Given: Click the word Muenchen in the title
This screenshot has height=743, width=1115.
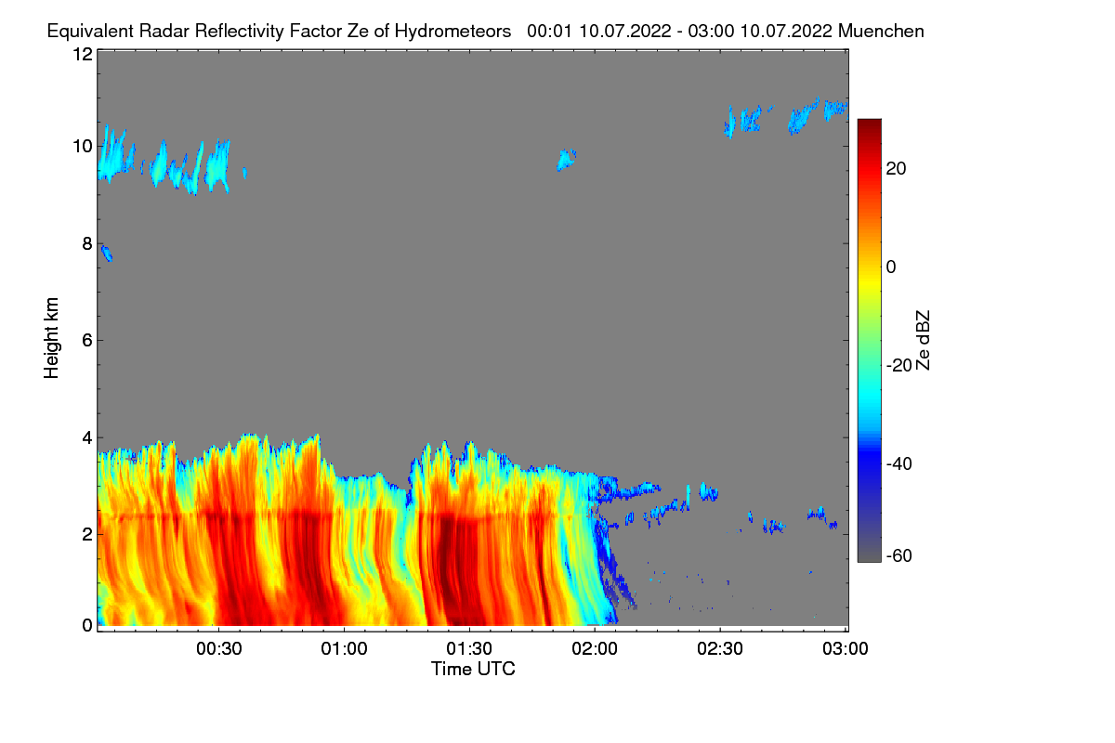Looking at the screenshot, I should pyautogui.click(x=881, y=31).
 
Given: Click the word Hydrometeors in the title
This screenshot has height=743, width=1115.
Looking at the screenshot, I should pyautogui.click(x=453, y=31).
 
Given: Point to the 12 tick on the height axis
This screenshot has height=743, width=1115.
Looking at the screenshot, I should pyautogui.click(x=82, y=54).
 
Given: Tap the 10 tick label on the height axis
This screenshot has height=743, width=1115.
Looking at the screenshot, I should pyautogui.click(x=82, y=146).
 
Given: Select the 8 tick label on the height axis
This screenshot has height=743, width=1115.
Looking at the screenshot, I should pyautogui.click(x=86, y=243).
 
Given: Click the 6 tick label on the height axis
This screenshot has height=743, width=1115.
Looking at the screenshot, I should pyautogui.click(x=86, y=340).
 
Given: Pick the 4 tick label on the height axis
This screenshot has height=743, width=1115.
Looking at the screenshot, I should pyautogui.click(x=86, y=437).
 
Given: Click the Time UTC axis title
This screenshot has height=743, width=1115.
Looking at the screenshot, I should pyautogui.click(x=472, y=669).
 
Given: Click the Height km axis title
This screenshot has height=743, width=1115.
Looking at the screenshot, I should pyautogui.click(x=52, y=338).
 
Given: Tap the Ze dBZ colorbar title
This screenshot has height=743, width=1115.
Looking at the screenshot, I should pyautogui.click(x=923, y=339).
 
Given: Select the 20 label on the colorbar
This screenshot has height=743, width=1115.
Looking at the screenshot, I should pyautogui.click(x=897, y=168).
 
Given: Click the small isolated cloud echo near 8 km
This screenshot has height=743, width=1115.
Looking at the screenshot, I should pyautogui.click(x=107, y=254).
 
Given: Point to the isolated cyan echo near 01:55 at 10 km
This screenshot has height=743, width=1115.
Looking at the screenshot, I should pyautogui.click(x=566, y=161).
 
